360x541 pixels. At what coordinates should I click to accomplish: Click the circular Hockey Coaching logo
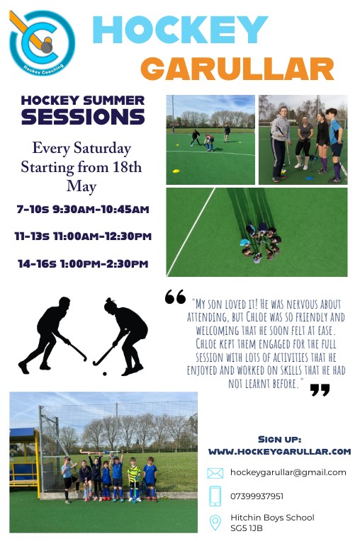coord(42,42)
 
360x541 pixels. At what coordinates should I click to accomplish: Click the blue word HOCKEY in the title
coord(180,30)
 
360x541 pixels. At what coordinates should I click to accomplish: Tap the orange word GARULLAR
coord(237,69)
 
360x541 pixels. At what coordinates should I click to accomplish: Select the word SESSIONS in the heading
coord(83,117)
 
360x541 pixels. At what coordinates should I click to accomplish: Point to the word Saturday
coord(103,149)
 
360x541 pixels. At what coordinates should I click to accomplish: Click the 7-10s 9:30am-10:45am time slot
coord(83,209)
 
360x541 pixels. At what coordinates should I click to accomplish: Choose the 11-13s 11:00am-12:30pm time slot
coord(83,237)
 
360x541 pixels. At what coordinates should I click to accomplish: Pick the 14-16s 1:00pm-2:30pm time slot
coord(83,264)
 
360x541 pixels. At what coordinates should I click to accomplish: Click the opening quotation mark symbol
coord(175,297)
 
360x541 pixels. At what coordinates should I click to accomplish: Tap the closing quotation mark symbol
coord(320,390)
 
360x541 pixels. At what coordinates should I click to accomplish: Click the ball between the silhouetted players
coord(105,374)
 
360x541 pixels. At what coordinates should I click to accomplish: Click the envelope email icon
coord(215,473)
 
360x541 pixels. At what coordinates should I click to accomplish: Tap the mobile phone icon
coord(215,496)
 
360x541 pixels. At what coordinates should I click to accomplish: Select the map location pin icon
coord(215,523)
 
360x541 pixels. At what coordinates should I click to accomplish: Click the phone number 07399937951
coord(257,496)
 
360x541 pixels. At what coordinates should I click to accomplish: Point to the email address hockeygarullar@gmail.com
coord(288,473)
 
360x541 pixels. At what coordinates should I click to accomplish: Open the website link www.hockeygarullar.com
coord(280,451)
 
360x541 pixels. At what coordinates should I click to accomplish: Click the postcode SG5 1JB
coord(247,528)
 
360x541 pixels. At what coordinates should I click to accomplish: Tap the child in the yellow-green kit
coord(133,479)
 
